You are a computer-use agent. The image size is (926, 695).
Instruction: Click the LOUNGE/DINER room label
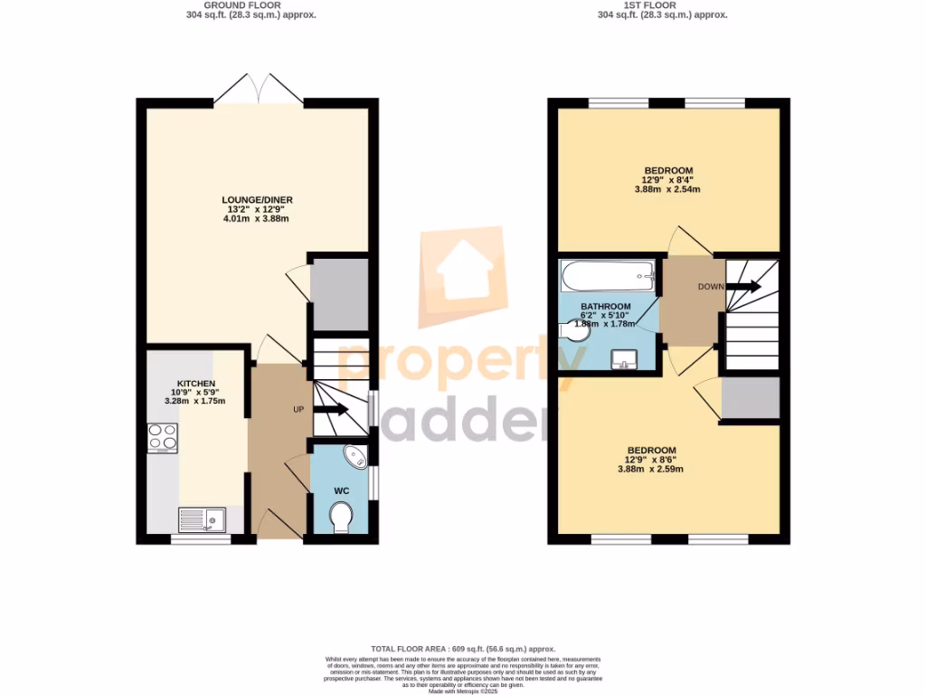click(257, 200)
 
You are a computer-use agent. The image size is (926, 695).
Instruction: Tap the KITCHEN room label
click(195, 384)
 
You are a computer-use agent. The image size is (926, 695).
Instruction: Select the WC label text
click(342, 490)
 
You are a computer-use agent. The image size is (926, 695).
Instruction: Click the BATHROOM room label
click(605, 307)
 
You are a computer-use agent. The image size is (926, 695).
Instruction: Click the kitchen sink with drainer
click(201, 519)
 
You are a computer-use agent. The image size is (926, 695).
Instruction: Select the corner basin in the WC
click(355, 456)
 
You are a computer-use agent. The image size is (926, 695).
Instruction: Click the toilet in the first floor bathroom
click(573, 333)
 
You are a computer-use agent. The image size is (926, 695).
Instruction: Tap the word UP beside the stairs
click(298, 410)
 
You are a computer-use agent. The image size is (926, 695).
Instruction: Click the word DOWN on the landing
click(711, 287)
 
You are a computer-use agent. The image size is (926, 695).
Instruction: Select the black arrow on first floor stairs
click(743, 287)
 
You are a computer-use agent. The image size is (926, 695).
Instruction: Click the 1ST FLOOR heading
click(663, 5)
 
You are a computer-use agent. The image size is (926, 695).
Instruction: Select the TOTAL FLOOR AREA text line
click(463, 650)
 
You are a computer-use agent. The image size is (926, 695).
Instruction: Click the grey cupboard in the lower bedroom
click(751, 398)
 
